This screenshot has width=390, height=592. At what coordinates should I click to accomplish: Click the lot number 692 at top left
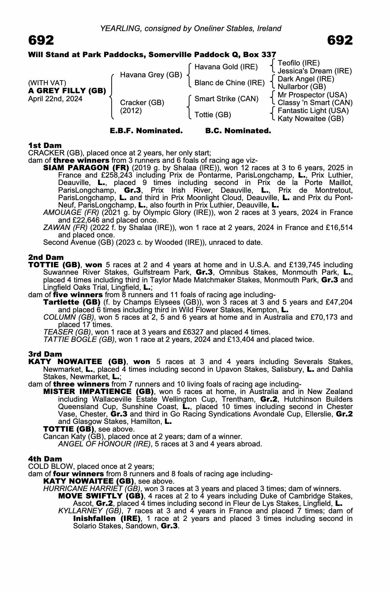click(x=41, y=40)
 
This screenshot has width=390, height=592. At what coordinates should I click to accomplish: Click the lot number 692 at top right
click(x=340, y=40)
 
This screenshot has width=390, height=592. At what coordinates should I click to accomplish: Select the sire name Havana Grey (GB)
click(x=151, y=75)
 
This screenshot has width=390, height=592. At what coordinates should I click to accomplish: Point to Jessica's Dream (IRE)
click(x=315, y=71)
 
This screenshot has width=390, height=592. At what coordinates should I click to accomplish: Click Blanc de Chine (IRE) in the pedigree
click(x=229, y=83)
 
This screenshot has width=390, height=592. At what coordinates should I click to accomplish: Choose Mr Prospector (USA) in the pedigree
click(x=312, y=95)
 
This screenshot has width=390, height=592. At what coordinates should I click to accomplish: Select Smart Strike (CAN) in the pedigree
click(x=226, y=99)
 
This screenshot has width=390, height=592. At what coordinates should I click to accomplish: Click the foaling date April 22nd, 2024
click(x=55, y=99)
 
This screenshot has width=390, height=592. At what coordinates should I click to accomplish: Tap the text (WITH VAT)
click(x=47, y=83)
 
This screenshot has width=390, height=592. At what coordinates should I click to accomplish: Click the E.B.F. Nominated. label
click(x=146, y=131)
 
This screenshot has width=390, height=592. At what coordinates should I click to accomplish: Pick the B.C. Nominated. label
click(x=238, y=131)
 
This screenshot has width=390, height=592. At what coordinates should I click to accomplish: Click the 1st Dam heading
click(x=45, y=145)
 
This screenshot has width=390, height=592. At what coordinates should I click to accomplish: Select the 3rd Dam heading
click(x=45, y=354)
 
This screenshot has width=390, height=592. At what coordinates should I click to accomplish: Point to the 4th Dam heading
click(x=45, y=459)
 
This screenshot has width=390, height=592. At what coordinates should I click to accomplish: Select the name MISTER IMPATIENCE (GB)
click(x=98, y=392)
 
